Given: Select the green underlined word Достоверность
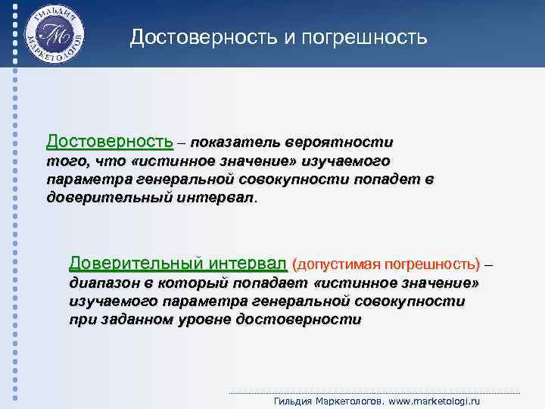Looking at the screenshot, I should click(109, 142).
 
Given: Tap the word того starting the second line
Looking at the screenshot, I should click(66, 161).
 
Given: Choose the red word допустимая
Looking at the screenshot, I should click(337, 264).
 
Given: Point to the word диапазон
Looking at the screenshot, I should click(101, 283).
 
